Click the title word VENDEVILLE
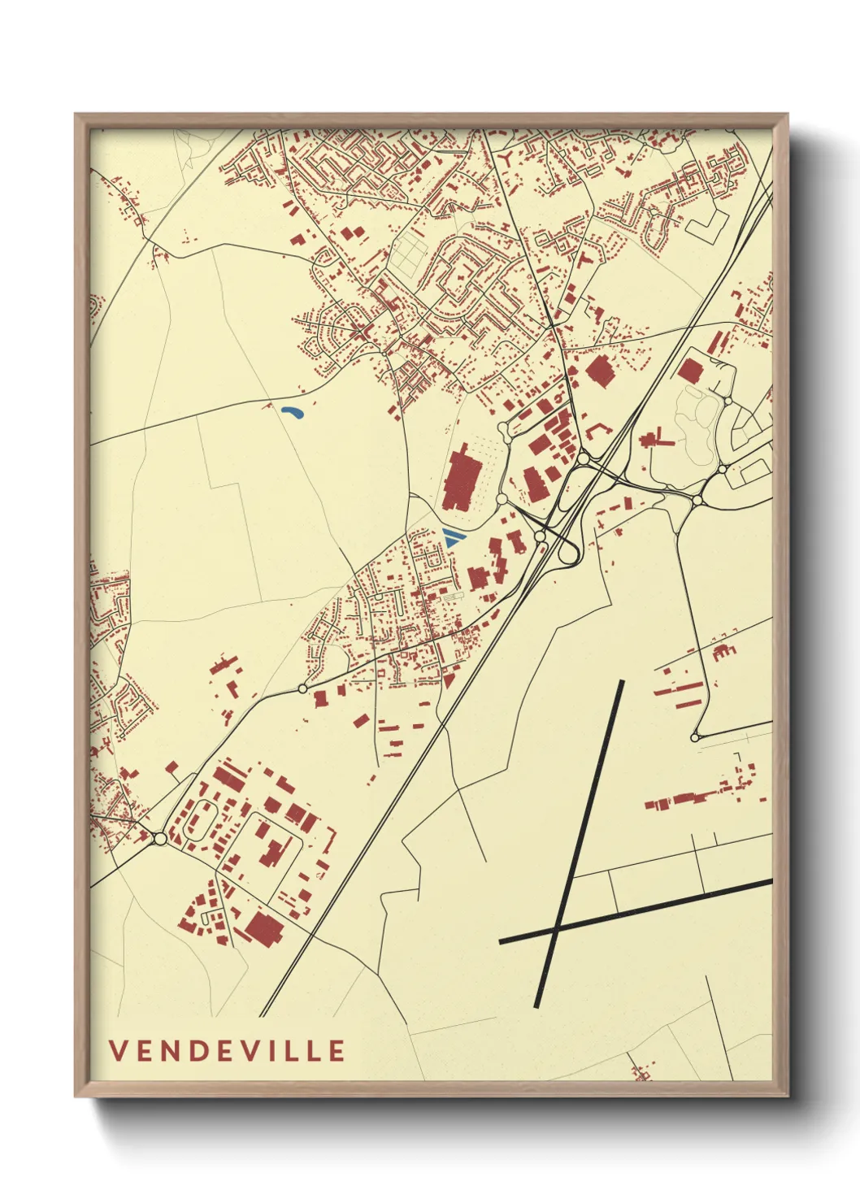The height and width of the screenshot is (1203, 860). point(227,1050)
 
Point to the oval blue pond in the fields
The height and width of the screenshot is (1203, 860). point(292,413)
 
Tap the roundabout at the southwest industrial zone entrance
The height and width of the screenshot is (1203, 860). point(159,837)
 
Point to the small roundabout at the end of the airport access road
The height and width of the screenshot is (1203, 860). point(693,737)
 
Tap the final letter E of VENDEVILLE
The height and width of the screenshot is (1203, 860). point(337,1050)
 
